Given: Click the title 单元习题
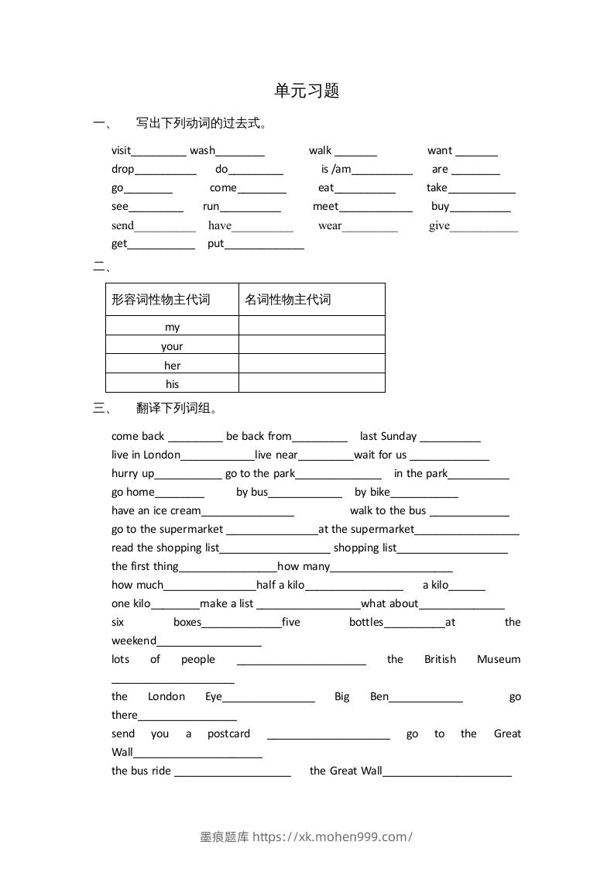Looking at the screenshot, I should point(307,91).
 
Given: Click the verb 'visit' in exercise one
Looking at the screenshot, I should point(121,150).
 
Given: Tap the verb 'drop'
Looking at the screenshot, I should point(122,169).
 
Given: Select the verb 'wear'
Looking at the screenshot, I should point(330,225).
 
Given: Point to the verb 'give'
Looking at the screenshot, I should point(439,225).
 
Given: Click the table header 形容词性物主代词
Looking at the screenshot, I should point(161,299).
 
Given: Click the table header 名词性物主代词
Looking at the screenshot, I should point(288,299).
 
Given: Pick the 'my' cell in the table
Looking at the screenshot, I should point(172,327).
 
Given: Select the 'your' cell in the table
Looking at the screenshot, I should point(172,346).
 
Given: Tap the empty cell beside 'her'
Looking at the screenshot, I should point(311,365).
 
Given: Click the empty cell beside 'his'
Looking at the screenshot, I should point(311,383).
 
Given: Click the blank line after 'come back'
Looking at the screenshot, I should point(195,438).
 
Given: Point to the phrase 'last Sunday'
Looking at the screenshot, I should point(388,436).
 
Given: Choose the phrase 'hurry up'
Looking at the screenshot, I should point(132,473).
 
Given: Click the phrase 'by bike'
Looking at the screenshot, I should point(372,492).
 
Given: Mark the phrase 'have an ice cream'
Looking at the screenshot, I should point(156,510).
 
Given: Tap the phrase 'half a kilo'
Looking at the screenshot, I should point(280,585).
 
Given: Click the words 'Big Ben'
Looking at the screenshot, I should point(362,696).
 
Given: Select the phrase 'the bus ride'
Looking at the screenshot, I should point(141,771).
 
